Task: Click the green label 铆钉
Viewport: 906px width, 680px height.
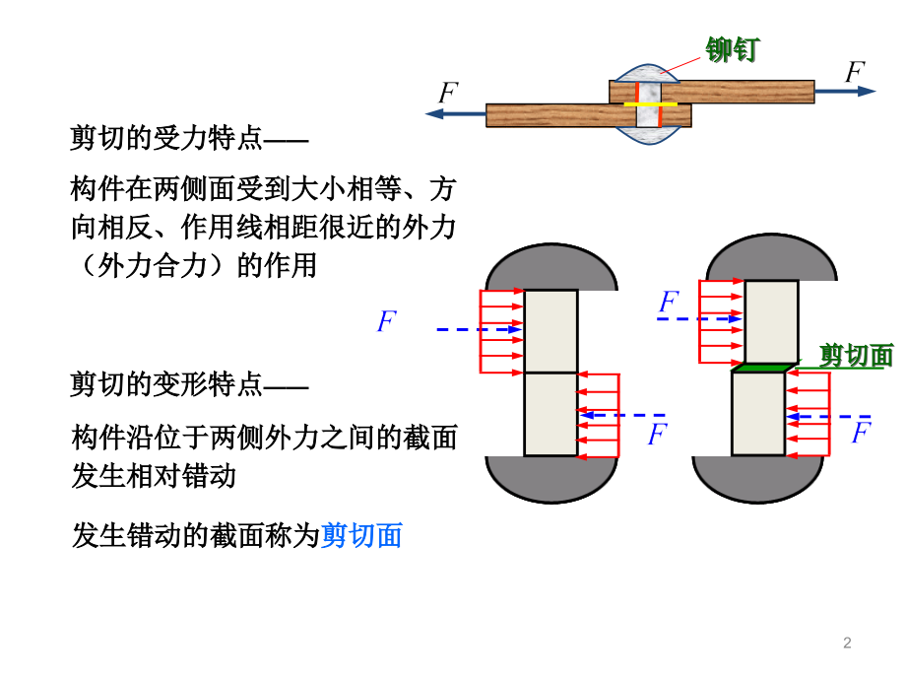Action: point(733,49)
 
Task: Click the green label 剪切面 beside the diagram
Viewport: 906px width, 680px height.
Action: point(856,356)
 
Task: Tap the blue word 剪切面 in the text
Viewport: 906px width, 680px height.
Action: point(361,536)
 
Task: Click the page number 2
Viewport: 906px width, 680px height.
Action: point(847,644)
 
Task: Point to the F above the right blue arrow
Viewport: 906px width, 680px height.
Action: point(854,72)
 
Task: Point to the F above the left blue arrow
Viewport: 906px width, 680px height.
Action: point(448,94)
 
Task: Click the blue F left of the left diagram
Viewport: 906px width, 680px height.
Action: point(387,321)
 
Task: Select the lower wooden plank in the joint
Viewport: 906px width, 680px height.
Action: point(551,115)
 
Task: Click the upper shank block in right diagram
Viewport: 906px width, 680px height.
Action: point(770,322)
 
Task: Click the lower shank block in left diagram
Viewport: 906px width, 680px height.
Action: point(550,414)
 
